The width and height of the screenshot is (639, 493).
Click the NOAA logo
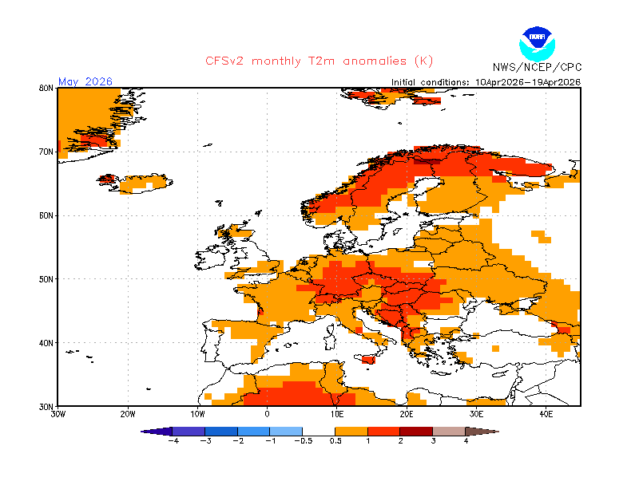[x=535, y=41]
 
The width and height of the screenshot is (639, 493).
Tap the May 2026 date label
[x=85, y=81]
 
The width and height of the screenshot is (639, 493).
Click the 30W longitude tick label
[x=58, y=414]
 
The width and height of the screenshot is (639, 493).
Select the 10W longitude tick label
[x=197, y=414]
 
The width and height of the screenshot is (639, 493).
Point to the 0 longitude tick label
[x=267, y=414]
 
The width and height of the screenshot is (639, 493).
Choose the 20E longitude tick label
[x=407, y=414]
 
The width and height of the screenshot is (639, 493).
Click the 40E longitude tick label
[x=546, y=414]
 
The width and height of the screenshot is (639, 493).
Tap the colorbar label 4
[x=466, y=441]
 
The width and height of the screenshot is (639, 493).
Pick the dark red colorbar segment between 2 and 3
[x=416, y=431]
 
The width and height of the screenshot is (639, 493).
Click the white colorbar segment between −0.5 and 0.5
[x=319, y=431]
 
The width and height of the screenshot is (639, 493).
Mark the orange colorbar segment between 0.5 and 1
[x=351, y=431]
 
